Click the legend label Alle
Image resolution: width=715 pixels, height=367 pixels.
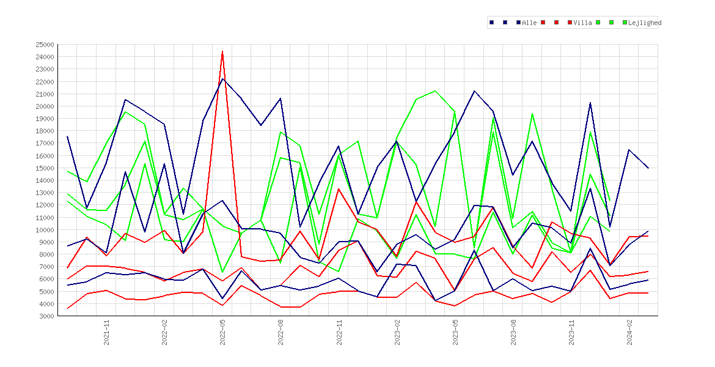click(529, 23)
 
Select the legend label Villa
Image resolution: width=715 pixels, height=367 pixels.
click(582, 23)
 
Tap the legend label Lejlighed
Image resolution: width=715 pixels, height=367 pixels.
click(645, 23)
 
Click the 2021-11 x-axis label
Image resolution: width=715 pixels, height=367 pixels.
click(106, 333)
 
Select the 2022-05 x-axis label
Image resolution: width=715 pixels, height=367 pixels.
click(222, 333)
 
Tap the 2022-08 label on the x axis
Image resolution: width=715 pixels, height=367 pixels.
click(281, 333)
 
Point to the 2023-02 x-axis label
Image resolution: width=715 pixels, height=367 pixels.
click(397, 333)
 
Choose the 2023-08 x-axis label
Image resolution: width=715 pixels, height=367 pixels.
click(513, 333)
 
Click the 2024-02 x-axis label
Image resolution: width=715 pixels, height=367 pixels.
click(629, 333)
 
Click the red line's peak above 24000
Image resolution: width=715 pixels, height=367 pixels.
click(222, 51)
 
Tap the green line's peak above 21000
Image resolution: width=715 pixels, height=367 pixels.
click(435, 91)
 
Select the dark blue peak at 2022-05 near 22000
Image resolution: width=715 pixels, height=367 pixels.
click(222, 79)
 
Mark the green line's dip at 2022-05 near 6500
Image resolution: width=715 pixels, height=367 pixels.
click(222, 272)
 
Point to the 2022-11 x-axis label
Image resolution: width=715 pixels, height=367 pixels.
click(339, 333)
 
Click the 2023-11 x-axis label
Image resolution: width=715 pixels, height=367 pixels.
click(571, 333)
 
